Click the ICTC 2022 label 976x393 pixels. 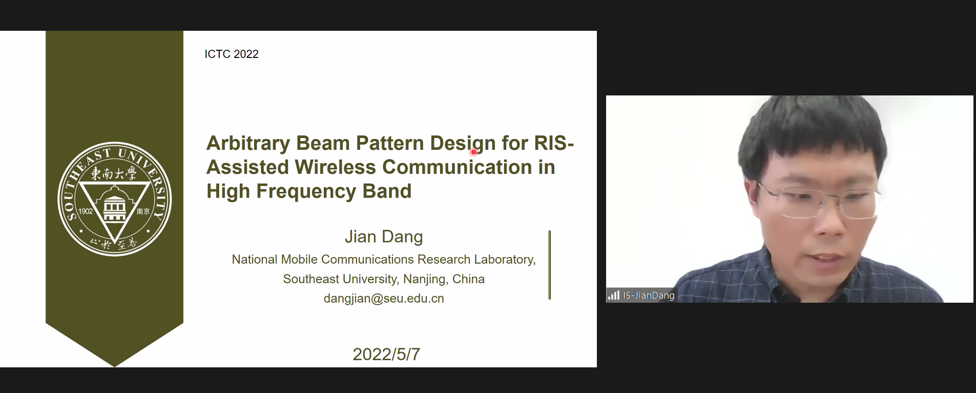[232, 54]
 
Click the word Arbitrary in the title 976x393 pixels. [248, 144]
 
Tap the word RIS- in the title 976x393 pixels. [554, 143]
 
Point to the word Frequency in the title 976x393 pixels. [306, 191]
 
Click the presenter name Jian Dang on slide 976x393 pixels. [384, 237]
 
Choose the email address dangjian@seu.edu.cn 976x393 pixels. [384, 299]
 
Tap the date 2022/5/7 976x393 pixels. [386, 354]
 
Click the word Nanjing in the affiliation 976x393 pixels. [425, 279]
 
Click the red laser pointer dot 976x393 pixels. [473, 151]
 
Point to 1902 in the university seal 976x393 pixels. [86, 211]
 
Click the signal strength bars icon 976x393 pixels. [613, 295]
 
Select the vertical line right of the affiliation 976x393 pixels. [550, 265]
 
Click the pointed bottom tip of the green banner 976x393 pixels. [114, 367]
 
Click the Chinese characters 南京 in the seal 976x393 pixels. [143, 211]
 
